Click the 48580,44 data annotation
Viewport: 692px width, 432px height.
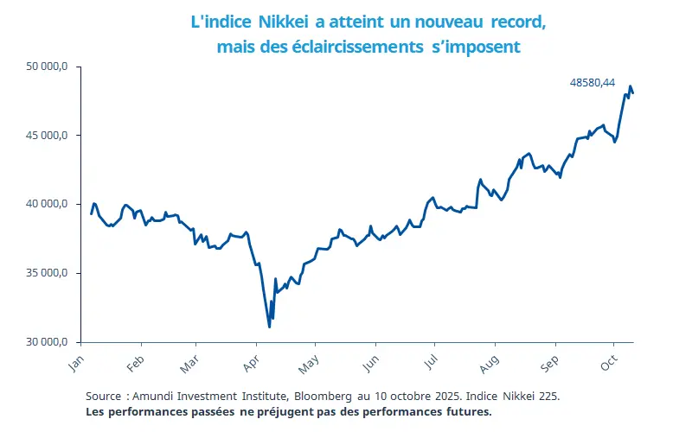pyautogui.click(x=593, y=83)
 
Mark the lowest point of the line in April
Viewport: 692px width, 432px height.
pyautogui.click(x=270, y=327)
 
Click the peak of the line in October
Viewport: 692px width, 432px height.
pyautogui.click(x=631, y=86)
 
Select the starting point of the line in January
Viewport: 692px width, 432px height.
pyautogui.click(x=91, y=213)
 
